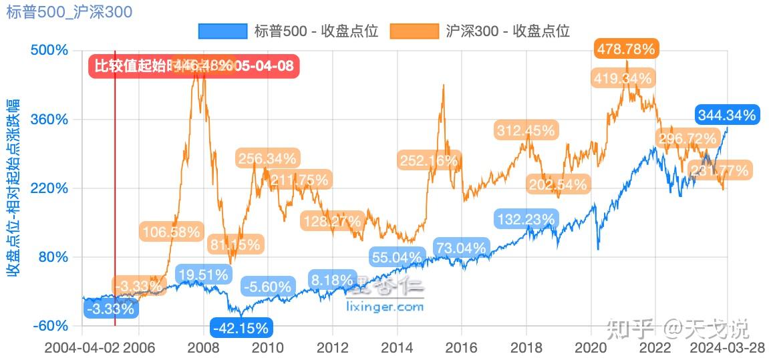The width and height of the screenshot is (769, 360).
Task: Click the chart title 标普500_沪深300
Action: coord(69,11)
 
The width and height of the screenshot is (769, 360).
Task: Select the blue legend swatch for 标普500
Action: coord(223,31)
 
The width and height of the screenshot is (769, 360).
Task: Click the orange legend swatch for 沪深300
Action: coord(414,31)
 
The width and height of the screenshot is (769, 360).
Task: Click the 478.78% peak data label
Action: coord(626,49)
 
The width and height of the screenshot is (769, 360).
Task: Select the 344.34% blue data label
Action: coord(726,115)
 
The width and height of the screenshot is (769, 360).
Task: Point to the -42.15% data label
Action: coord(241,328)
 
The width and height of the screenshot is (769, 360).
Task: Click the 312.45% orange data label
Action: coord(525,130)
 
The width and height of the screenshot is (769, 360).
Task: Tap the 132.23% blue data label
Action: coord(525,218)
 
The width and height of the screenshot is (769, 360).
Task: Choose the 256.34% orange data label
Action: coord(267,159)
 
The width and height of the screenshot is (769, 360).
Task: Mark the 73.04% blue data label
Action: coord(461,248)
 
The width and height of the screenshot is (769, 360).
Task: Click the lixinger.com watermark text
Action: coord(386,307)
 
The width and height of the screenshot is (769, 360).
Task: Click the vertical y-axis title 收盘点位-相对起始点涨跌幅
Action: coord(13,187)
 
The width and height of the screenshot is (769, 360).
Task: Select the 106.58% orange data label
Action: coord(171,232)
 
